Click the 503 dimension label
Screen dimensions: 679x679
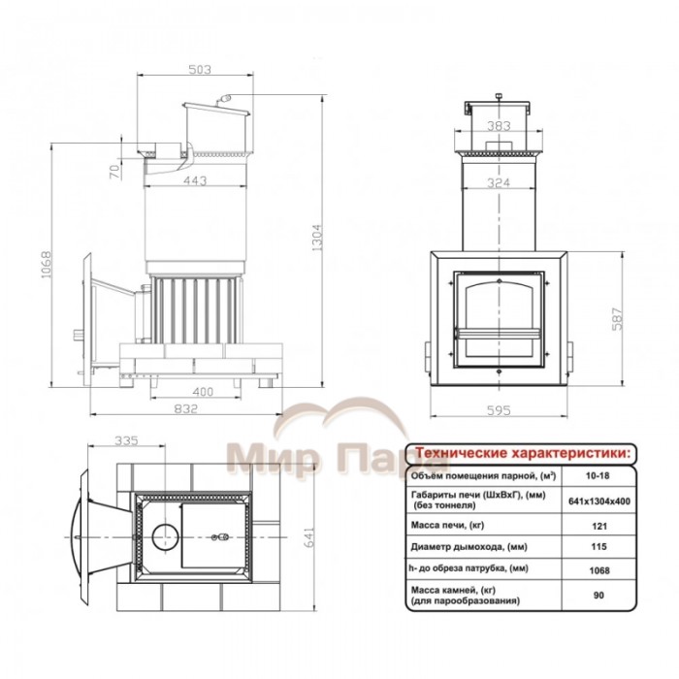click(200, 69)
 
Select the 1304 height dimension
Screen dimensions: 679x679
click(317, 238)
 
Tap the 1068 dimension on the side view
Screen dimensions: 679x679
click(47, 265)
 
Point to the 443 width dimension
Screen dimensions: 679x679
click(195, 180)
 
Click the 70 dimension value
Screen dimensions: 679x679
click(114, 173)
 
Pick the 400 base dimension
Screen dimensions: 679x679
click(203, 392)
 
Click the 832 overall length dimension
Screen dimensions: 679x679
click(186, 408)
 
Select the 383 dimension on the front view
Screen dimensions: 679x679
click(499, 126)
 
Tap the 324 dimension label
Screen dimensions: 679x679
click(499, 182)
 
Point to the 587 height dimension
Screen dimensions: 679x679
click(618, 319)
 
